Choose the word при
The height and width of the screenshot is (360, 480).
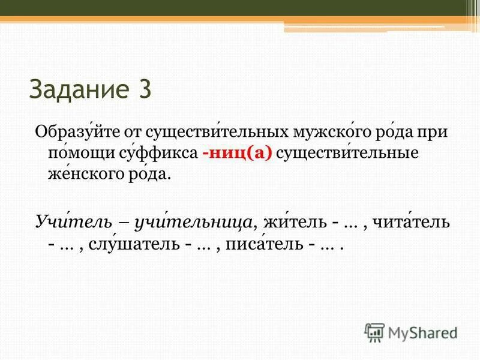434,131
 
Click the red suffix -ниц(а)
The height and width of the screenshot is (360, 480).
238,153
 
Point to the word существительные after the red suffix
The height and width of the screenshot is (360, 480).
347,153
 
